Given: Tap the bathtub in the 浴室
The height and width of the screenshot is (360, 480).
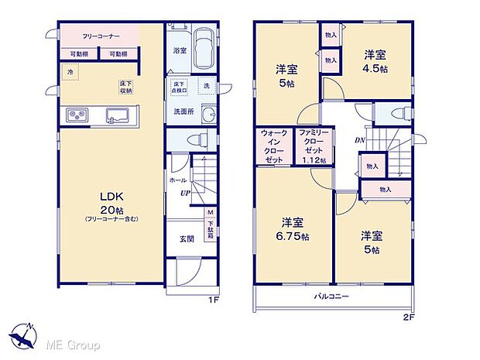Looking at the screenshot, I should point(202,48).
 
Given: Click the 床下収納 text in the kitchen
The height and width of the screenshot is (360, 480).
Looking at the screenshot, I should point(126,86).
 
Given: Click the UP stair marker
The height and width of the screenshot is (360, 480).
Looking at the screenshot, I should point(186,194).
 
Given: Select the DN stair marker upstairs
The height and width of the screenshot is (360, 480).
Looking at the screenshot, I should point(360,140).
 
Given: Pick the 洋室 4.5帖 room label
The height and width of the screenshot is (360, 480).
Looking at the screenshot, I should point(376,60).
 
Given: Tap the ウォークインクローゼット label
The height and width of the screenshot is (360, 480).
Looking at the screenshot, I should point(274,146).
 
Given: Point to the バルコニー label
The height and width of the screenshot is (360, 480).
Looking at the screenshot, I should point(331,297).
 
